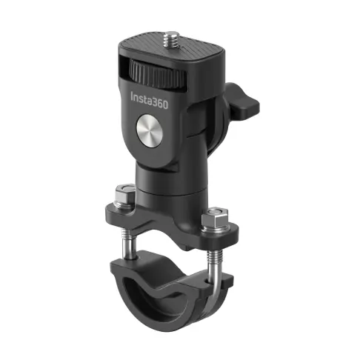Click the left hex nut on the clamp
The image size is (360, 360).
[124, 196]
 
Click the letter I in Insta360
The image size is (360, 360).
[133, 98]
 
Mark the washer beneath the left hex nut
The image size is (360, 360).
[124, 207]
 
